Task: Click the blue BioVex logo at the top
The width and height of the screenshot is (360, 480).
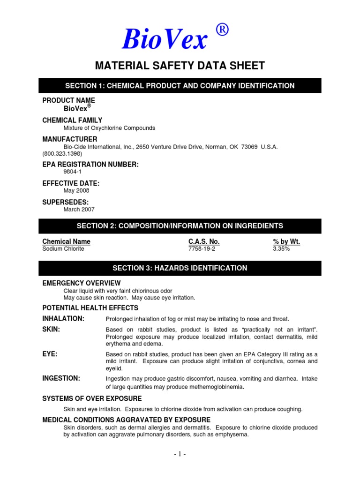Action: [164, 39]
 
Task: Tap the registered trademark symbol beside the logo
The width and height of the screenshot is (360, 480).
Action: [223, 30]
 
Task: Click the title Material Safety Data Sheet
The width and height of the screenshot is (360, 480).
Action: [180, 66]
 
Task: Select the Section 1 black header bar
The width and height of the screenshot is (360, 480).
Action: [180, 86]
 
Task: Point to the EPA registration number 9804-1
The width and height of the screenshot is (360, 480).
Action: [73, 172]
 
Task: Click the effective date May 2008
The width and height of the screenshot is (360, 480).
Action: [76, 191]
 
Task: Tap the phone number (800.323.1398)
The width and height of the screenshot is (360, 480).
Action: [62, 153]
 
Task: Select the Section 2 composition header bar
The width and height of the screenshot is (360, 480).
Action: [180, 226]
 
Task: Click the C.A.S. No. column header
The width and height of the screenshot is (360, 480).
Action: [204, 241]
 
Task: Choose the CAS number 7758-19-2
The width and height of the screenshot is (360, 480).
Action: [202, 249]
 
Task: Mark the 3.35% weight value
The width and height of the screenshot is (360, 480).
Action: [281, 249]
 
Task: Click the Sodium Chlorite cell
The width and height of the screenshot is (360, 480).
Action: [63, 249]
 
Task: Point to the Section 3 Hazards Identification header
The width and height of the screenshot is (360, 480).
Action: [180, 268]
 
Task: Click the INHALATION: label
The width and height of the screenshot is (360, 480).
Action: [63, 319]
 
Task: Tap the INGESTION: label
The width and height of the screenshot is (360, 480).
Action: [61, 378]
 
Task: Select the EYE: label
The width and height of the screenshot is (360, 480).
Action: [50, 354]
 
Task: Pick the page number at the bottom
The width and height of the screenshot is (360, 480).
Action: [180, 454]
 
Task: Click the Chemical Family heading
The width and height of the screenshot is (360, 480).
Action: [72, 120]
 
